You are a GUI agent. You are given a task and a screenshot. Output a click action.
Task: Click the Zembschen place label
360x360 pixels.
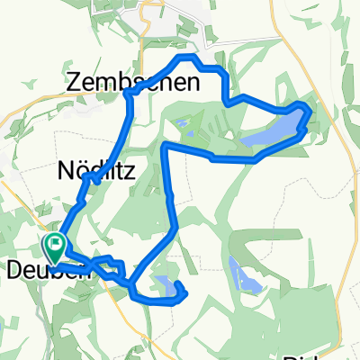click(121, 82)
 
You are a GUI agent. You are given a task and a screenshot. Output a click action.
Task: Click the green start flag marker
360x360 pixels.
click(54, 244)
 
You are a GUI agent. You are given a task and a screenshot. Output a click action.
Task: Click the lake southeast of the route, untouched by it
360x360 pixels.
click(240, 275)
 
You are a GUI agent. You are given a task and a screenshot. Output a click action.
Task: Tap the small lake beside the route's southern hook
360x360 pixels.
click(166, 286)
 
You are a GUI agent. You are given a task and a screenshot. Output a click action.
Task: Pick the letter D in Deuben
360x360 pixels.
click(13, 268)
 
